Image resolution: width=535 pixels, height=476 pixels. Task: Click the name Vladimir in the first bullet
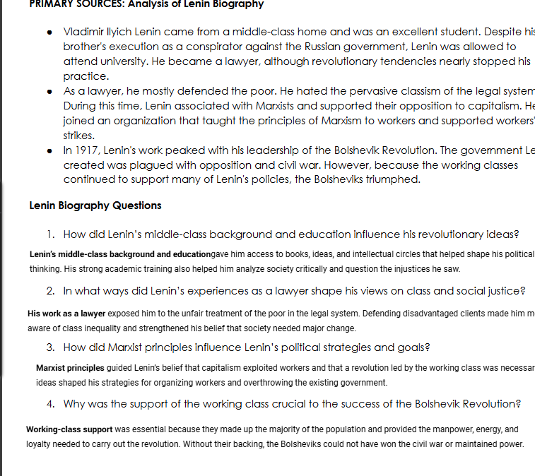pyautogui.click(x=83, y=32)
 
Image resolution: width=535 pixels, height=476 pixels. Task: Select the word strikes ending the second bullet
pyautogui.click(x=78, y=135)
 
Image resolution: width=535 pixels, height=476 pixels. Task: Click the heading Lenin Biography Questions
pyautogui.click(x=95, y=206)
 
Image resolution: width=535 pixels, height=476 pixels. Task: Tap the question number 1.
pyautogui.click(x=50, y=234)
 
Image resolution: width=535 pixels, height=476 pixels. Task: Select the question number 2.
pyautogui.click(x=50, y=291)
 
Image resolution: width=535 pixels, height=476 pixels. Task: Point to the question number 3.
pyautogui.click(x=50, y=347)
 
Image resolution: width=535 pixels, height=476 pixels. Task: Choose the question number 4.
pyautogui.click(x=50, y=404)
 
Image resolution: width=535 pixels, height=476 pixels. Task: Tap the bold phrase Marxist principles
pyautogui.click(x=70, y=369)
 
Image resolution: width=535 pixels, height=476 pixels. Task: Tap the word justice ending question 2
pyautogui.click(x=506, y=291)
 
